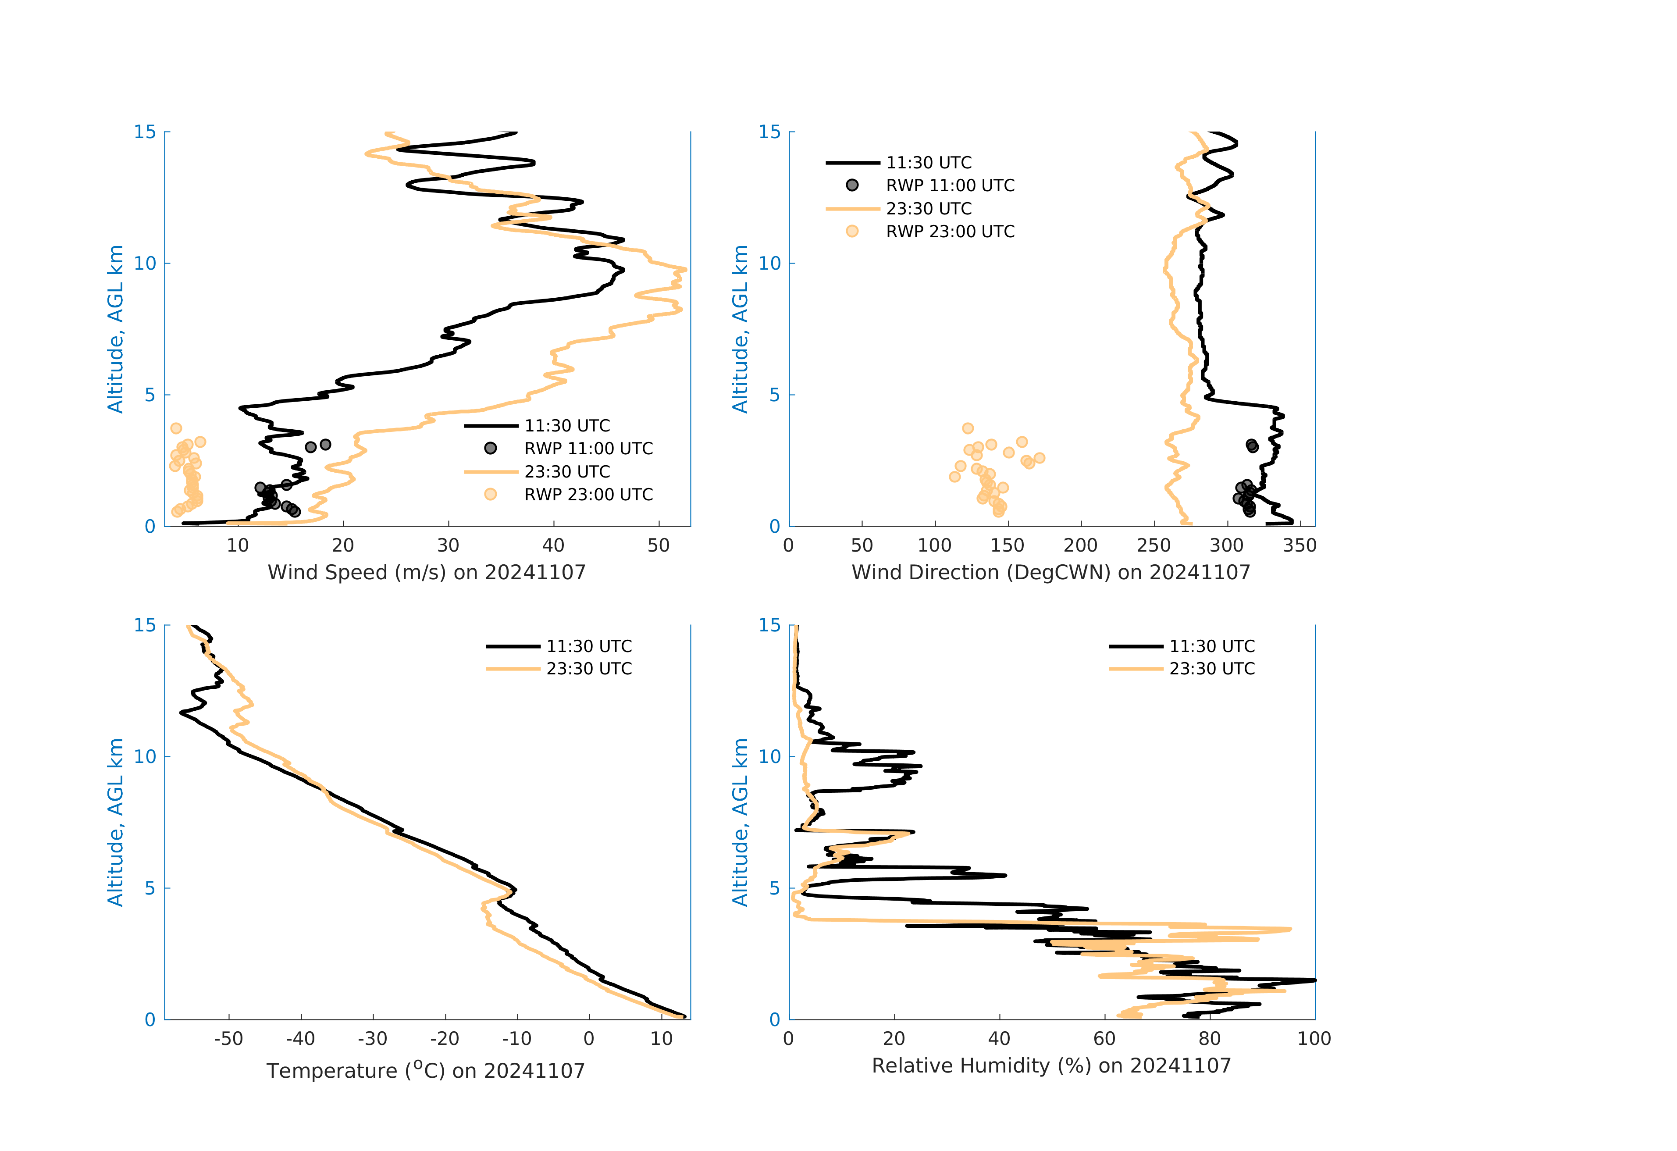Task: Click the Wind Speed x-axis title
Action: point(427,572)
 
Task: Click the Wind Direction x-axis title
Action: point(1050,572)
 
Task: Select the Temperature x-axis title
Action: point(426,1070)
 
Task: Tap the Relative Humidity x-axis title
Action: point(1050,1066)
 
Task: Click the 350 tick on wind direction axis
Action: point(1300,545)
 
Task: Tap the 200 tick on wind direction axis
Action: point(1080,545)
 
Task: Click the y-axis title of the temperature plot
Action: point(115,822)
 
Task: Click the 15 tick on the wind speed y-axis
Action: point(145,132)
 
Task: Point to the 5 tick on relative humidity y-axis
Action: point(774,888)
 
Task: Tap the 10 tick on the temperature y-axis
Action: point(145,756)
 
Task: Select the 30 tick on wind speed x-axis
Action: point(448,545)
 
